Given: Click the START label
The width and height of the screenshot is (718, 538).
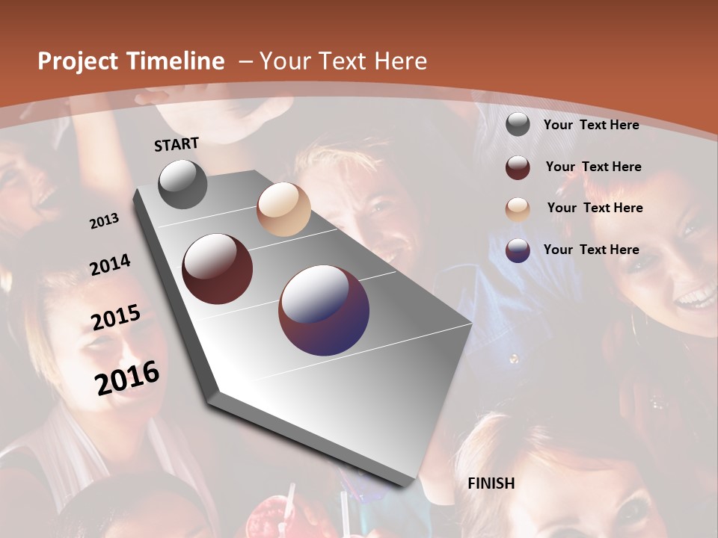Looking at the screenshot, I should point(177,144).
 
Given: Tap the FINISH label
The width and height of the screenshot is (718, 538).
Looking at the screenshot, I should point(491,483).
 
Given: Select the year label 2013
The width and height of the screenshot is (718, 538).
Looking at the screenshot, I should point(104,220).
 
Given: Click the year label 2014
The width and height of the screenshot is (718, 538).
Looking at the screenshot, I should point(110,265).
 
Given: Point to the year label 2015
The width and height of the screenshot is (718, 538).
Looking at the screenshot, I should point(116,318).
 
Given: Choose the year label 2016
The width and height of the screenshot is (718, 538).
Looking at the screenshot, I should point(127,377).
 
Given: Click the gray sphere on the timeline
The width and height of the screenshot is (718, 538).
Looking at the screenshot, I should point(182,184).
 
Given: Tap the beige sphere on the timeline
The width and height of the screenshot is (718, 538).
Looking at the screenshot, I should point(283,209).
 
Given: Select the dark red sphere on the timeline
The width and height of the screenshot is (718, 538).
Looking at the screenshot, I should point(218,269).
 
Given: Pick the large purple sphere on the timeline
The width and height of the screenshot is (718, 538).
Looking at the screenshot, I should point(324,310).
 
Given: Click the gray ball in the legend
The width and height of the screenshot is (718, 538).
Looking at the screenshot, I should point(518,124).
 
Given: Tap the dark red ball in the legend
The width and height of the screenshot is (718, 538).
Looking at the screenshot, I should point(518,167).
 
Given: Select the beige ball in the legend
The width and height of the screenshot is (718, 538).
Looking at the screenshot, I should point(518,209).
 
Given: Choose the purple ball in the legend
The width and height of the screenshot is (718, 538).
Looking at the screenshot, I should point(518,250).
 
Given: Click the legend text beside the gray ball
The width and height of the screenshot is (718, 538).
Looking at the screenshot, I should point(591,125).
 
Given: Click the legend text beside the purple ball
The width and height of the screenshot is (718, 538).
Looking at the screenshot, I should point(591,250).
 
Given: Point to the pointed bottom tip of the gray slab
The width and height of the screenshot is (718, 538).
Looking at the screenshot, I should point(408,484).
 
